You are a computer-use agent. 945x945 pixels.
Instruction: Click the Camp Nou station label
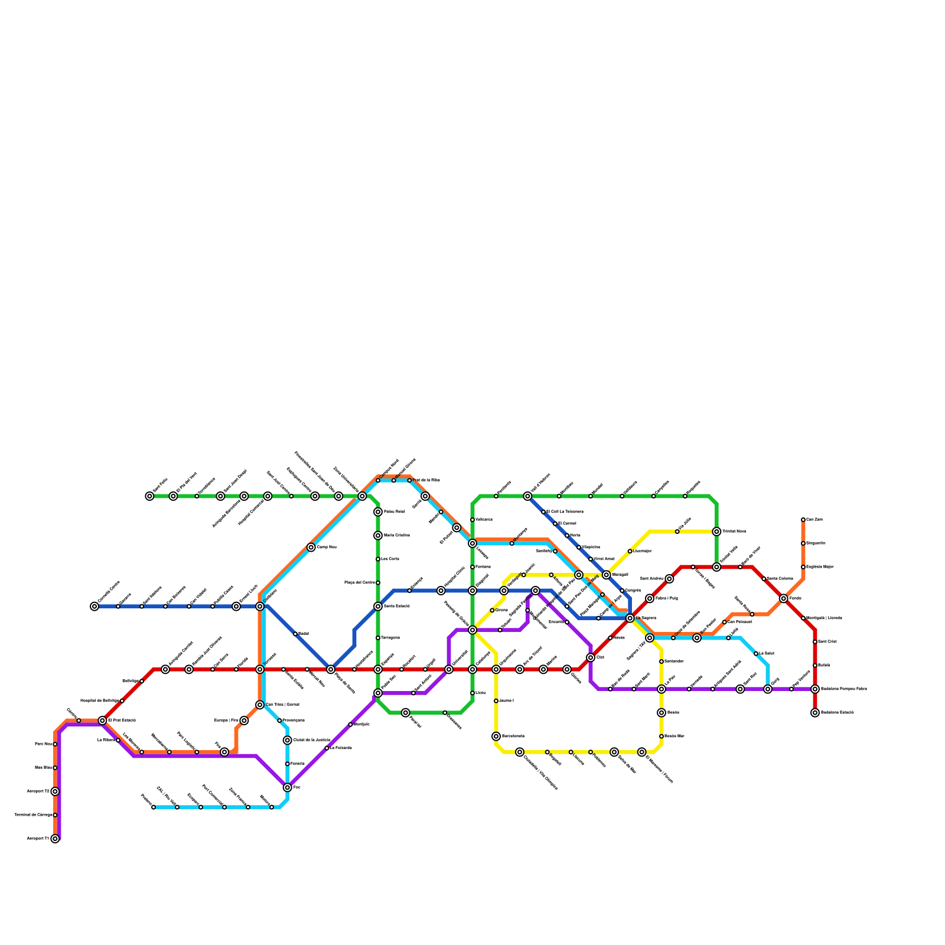[x=327, y=548]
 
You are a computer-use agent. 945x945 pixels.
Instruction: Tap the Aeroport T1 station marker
[x=55, y=839]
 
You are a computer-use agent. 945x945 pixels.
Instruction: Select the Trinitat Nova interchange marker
[x=716, y=532]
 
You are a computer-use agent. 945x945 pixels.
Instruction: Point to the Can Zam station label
[x=814, y=520]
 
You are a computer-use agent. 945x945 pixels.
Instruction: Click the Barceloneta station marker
[x=496, y=737]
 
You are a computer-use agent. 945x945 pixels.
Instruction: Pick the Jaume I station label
[x=507, y=701]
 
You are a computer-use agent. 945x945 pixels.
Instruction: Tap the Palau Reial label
[x=394, y=512]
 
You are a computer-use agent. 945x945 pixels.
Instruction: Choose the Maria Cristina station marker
[x=378, y=536]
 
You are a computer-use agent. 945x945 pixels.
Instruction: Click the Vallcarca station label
[x=484, y=520]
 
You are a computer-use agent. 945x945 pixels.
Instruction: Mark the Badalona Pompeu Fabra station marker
[x=815, y=689]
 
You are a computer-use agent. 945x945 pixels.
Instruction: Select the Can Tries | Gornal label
[x=282, y=705]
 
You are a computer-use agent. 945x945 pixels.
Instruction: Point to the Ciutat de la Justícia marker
[x=287, y=741]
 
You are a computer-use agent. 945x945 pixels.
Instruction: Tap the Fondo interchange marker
[x=783, y=598]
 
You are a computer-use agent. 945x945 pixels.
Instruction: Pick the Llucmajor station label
[x=643, y=551]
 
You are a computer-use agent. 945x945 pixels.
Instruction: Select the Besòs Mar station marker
[x=661, y=737]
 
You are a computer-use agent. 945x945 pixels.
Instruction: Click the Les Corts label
[x=390, y=559]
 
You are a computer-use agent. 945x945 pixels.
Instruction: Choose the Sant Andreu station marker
[x=669, y=579]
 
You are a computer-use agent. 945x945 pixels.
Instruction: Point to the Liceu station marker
[x=472, y=693]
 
